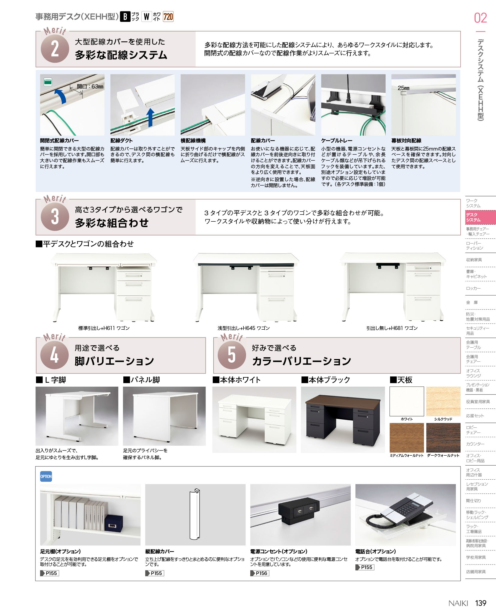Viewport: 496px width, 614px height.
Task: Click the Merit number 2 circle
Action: (55, 49)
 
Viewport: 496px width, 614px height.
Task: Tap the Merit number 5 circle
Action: (232, 355)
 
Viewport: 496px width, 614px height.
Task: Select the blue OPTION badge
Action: (46, 476)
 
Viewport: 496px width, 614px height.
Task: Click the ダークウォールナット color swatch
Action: (443, 438)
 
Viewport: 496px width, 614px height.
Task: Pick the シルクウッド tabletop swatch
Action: (443, 401)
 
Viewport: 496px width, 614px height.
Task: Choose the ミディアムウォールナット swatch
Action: (407, 438)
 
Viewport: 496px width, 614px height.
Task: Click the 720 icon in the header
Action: (168, 16)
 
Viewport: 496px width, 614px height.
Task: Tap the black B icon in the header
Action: (125, 16)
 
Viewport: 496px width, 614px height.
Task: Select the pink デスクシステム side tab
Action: (480, 217)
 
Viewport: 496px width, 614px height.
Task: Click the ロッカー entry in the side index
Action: (473, 288)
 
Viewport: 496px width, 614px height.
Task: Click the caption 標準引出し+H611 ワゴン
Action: (104, 328)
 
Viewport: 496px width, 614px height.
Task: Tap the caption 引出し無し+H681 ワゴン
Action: (392, 328)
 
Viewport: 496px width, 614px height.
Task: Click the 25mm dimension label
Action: (404, 88)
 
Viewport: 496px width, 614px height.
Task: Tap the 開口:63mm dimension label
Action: (90, 87)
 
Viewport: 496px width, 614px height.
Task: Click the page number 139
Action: (481, 603)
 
